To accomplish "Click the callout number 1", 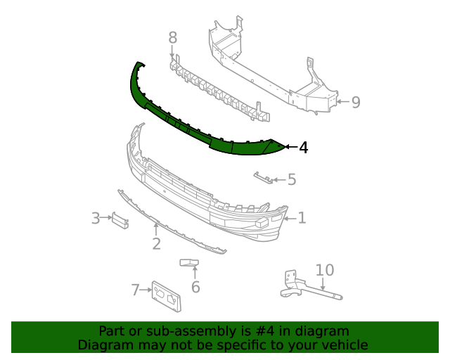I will tap(302, 218).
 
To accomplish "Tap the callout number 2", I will tap(156, 244).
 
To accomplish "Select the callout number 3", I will tap(96, 219).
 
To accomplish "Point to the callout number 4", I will tap(303, 148).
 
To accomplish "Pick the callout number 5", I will tap(291, 180).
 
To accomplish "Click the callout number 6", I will tap(195, 287).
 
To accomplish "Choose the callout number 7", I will tap(136, 290).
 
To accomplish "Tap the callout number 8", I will tap(172, 38).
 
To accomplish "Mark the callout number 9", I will tap(356, 103).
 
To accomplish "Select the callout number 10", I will tap(325, 270).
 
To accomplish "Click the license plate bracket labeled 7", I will tap(167, 297).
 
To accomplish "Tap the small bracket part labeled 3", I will tap(120, 220).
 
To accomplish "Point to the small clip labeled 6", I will tap(190, 264).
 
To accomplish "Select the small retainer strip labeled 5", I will tap(263, 177).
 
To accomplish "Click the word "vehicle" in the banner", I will tap(344, 345).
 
